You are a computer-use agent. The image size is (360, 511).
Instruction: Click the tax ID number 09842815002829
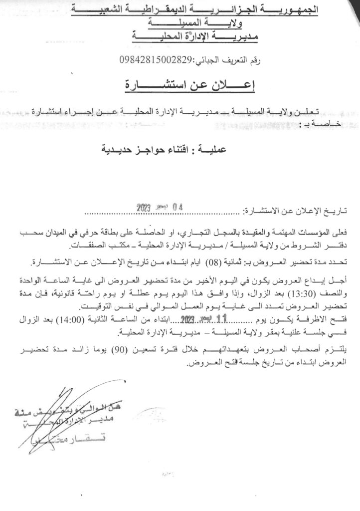156,61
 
